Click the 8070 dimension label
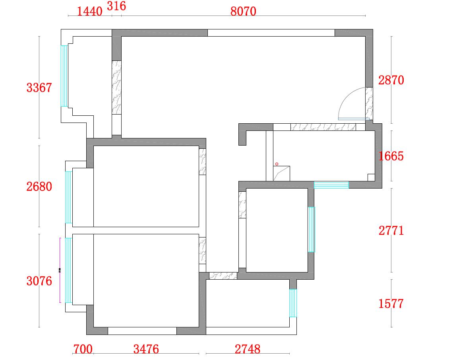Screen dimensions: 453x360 click(x=243, y=11)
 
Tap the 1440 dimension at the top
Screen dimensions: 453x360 click(x=89, y=11)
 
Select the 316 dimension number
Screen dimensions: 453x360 click(x=116, y=6)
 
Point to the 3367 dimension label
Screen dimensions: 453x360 click(x=39, y=88)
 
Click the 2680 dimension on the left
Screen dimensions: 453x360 click(x=39, y=187)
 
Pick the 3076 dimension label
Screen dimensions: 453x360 click(x=39, y=281)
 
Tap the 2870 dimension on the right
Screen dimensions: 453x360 click(x=391, y=80)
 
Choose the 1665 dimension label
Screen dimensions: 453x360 click(x=391, y=156)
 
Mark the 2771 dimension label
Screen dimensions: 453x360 click(x=391, y=230)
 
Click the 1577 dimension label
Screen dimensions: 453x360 click(x=391, y=304)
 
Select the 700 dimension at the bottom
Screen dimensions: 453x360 click(x=83, y=349)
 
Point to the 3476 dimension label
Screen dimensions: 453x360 click(x=146, y=349)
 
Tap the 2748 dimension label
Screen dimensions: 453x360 click(x=247, y=349)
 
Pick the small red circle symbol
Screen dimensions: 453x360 click(x=277, y=164)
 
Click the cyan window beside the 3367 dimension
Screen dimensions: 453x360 click(x=64, y=76)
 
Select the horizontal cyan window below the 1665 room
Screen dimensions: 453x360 click(x=331, y=185)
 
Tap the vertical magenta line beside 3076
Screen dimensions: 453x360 click(x=60, y=270)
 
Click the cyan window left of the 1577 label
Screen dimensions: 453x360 click(x=293, y=303)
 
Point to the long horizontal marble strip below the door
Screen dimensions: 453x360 click(x=323, y=127)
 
